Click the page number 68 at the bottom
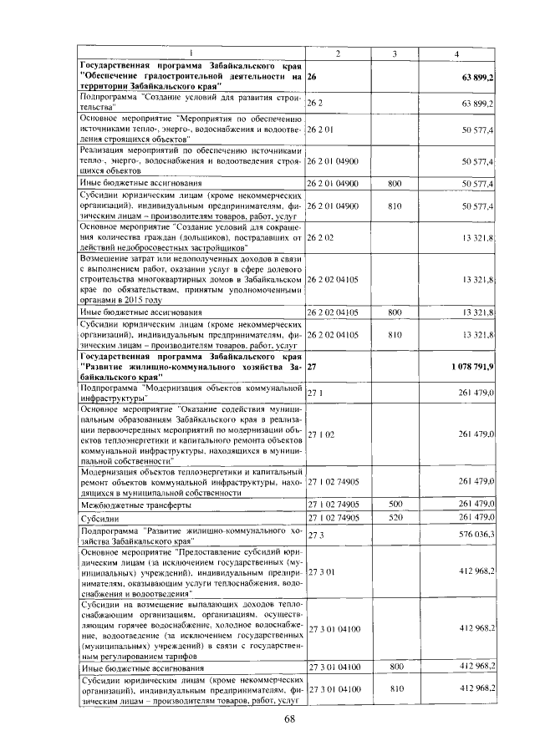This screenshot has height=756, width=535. click(290, 719)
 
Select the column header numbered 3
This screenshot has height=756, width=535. click(394, 54)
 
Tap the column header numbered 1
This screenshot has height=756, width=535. click(191, 54)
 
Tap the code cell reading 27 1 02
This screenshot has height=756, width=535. click(321, 434)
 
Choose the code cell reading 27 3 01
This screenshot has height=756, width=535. click(321, 572)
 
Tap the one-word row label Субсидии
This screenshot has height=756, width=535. click(99, 518)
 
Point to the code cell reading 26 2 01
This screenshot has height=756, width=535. click(321, 130)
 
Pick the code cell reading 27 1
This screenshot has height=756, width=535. click(315, 391)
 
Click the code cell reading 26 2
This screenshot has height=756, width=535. click(315, 103)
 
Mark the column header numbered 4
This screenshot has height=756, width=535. click(456, 54)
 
